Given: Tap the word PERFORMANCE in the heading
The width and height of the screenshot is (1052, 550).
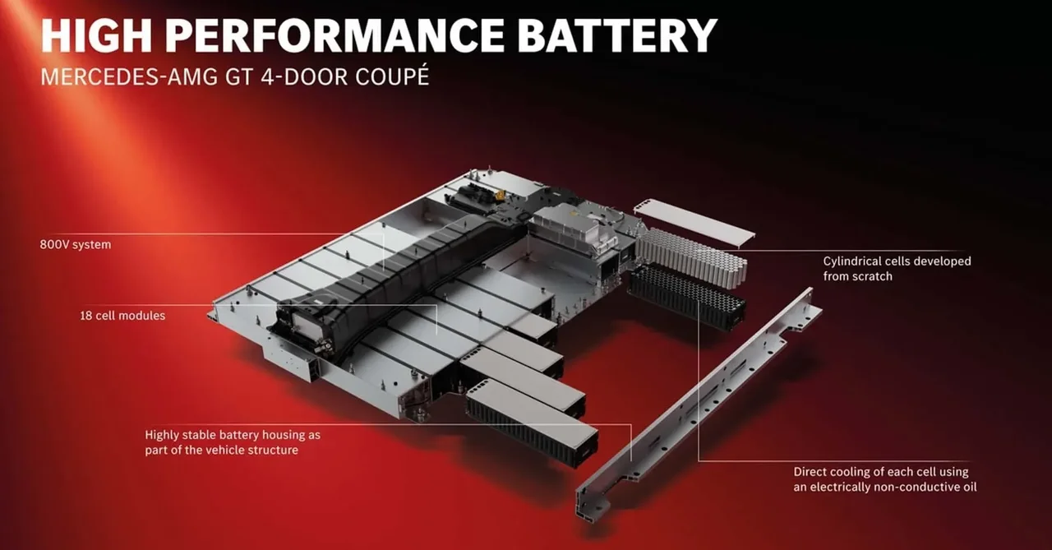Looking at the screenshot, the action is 334,36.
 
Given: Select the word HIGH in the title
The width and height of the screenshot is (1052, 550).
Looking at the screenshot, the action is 96,36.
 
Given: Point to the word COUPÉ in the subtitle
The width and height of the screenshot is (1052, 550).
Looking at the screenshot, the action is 392,76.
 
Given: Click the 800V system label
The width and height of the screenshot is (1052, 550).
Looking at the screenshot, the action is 76,245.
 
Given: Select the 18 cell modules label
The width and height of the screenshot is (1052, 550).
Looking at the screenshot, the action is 122,316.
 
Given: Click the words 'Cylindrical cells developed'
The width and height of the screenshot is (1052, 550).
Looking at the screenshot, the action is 897,261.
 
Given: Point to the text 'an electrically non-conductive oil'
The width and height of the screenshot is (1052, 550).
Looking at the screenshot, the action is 885,487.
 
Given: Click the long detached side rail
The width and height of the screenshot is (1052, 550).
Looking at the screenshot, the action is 699,404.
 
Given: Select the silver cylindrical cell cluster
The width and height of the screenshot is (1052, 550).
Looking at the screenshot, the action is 691,257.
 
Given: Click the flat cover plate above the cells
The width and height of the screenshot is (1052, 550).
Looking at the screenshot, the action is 694,222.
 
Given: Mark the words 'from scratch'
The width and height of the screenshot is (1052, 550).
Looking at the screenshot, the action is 857,276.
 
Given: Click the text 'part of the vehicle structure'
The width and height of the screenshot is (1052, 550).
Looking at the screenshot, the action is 222,451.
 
